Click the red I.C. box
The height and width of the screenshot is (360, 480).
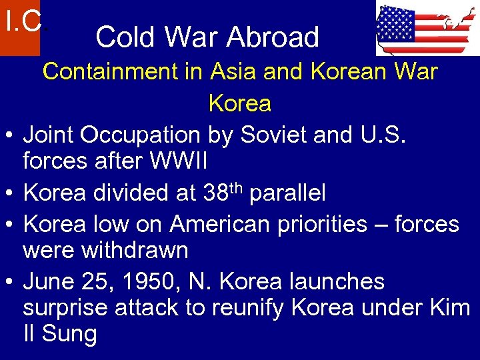click(20, 27)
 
